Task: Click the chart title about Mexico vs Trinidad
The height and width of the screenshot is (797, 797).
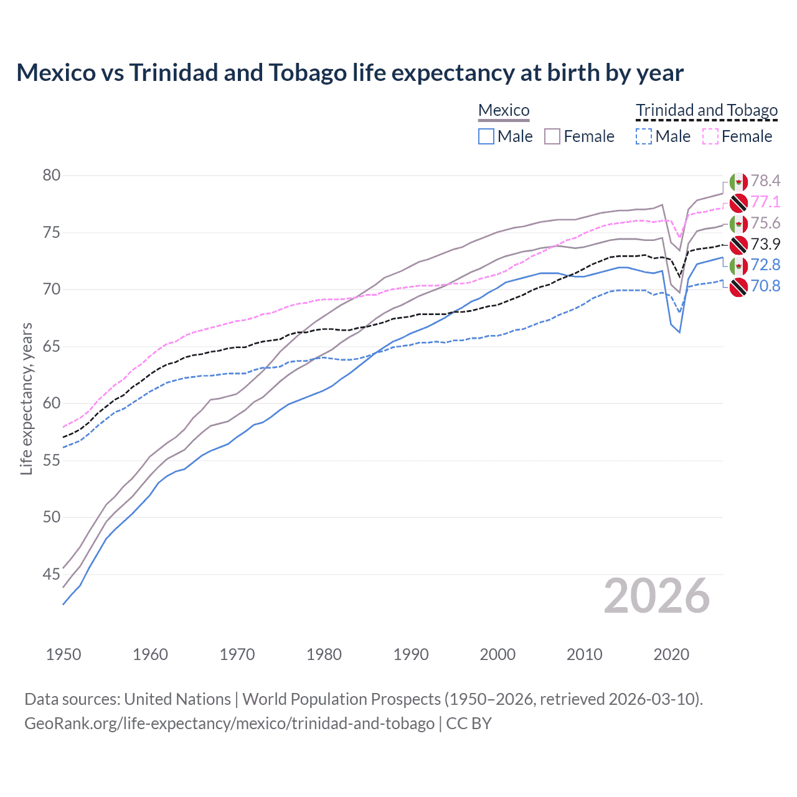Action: coord(350,73)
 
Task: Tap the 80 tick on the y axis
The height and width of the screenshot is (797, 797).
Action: coord(52,176)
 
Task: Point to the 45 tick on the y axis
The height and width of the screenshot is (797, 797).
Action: coord(52,574)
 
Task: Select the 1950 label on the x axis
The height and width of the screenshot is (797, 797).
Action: coord(64,654)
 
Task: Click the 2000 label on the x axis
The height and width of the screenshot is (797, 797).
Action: coord(498,654)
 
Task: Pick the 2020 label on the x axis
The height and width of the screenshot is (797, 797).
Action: coord(671,654)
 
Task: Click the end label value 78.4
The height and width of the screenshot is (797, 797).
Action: coord(765,181)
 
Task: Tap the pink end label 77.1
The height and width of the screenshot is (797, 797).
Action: coord(765,202)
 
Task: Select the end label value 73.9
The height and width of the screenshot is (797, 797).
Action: coord(765,244)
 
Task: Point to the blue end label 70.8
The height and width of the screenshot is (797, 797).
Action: coord(765,286)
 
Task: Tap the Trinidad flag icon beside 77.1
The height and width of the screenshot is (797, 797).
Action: coord(738,202)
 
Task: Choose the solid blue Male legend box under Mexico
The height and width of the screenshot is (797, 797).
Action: coord(486,136)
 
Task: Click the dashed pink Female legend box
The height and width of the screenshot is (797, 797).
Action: coord(710,136)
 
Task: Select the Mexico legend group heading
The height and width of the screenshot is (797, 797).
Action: coord(504,111)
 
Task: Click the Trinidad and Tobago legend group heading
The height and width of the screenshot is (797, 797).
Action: coord(707,111)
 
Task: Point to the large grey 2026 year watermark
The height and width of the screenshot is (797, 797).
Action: coord(657,597)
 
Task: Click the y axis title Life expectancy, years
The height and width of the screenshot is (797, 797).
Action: coord(27,398)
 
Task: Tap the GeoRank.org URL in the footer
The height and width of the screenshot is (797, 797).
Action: coord(229,724)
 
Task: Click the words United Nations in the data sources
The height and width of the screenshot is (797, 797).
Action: coord(177,699)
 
